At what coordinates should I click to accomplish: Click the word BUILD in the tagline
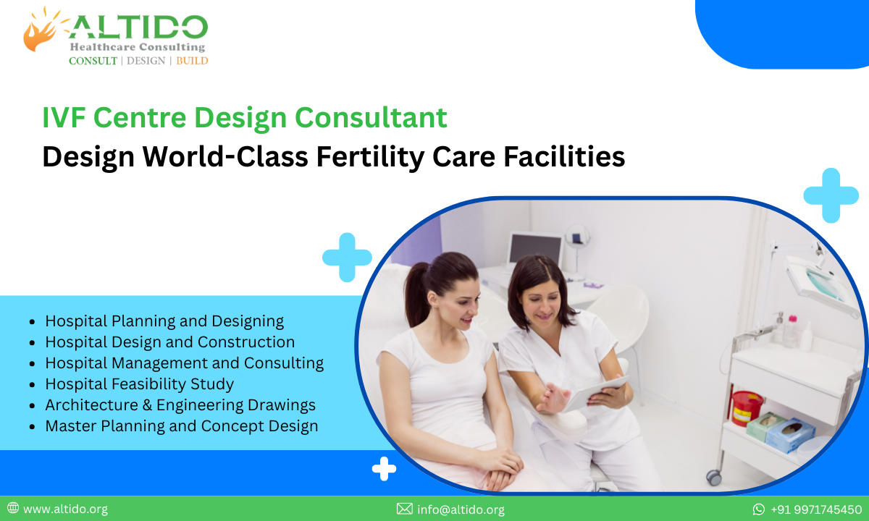click(x=192, y=61)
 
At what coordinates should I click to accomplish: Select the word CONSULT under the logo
click(x=93, y=61)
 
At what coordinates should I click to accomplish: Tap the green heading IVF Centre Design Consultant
click(x=245, y=118)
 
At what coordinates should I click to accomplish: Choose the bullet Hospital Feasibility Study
click(x=139, y=384)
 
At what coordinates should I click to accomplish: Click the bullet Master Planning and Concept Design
click(x=181, y=425)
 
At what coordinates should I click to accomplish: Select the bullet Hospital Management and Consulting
click(x=184, y=363)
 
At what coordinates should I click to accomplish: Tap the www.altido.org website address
click(x=65, y=509)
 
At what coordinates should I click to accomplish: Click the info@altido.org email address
click(x=461, y=509)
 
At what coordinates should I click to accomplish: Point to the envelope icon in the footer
click(x=404, y=509)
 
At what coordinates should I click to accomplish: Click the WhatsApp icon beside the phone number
click(x=759, y=509)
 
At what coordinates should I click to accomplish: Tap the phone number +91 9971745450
click(x=816, y=509)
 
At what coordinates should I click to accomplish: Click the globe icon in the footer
click(x=13, y=509)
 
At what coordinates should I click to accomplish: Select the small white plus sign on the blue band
click(x=384, y=469)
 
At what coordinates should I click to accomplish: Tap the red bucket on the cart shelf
click(x=746, y=408)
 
